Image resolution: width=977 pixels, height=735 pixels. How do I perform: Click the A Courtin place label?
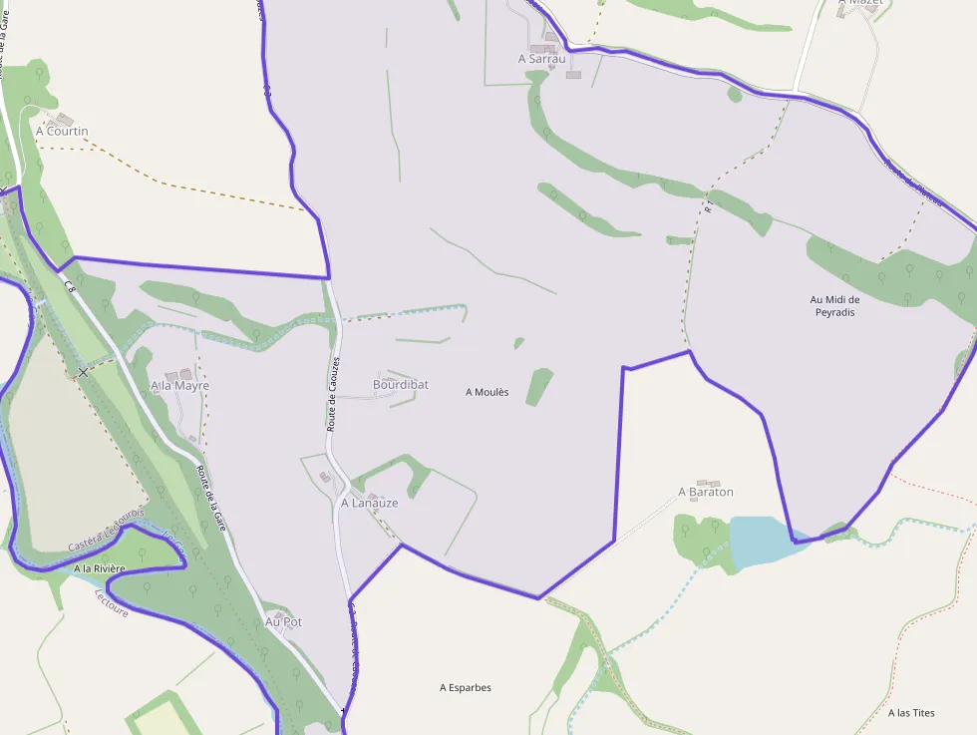[62, 131]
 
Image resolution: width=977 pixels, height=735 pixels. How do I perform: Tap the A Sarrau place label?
[541, 59]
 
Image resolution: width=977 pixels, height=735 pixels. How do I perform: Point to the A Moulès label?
[487, 392]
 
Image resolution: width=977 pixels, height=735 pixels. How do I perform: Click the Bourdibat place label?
[400, 384]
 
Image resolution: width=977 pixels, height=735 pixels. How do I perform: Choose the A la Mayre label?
[179, 385]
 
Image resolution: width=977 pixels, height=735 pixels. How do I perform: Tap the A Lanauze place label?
[369, 504]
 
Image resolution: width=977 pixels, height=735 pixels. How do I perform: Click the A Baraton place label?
[705, 492]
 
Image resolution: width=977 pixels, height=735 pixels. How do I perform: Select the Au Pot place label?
[283, 621]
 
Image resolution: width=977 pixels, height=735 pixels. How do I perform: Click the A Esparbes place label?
[466, 687]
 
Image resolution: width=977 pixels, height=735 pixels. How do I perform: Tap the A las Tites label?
[911, 713]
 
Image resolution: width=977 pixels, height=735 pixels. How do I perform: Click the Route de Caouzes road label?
[334, 394]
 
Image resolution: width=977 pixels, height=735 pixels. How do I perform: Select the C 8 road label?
[70, 286]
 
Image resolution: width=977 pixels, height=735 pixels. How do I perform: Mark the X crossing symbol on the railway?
[83, 371]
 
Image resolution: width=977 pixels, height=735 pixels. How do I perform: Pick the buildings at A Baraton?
[708, 483]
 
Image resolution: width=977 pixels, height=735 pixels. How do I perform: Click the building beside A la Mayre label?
[171, 376]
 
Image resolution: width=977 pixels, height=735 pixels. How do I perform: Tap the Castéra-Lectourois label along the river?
[106, 530]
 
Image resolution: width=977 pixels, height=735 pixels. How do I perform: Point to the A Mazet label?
[860, 3]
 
